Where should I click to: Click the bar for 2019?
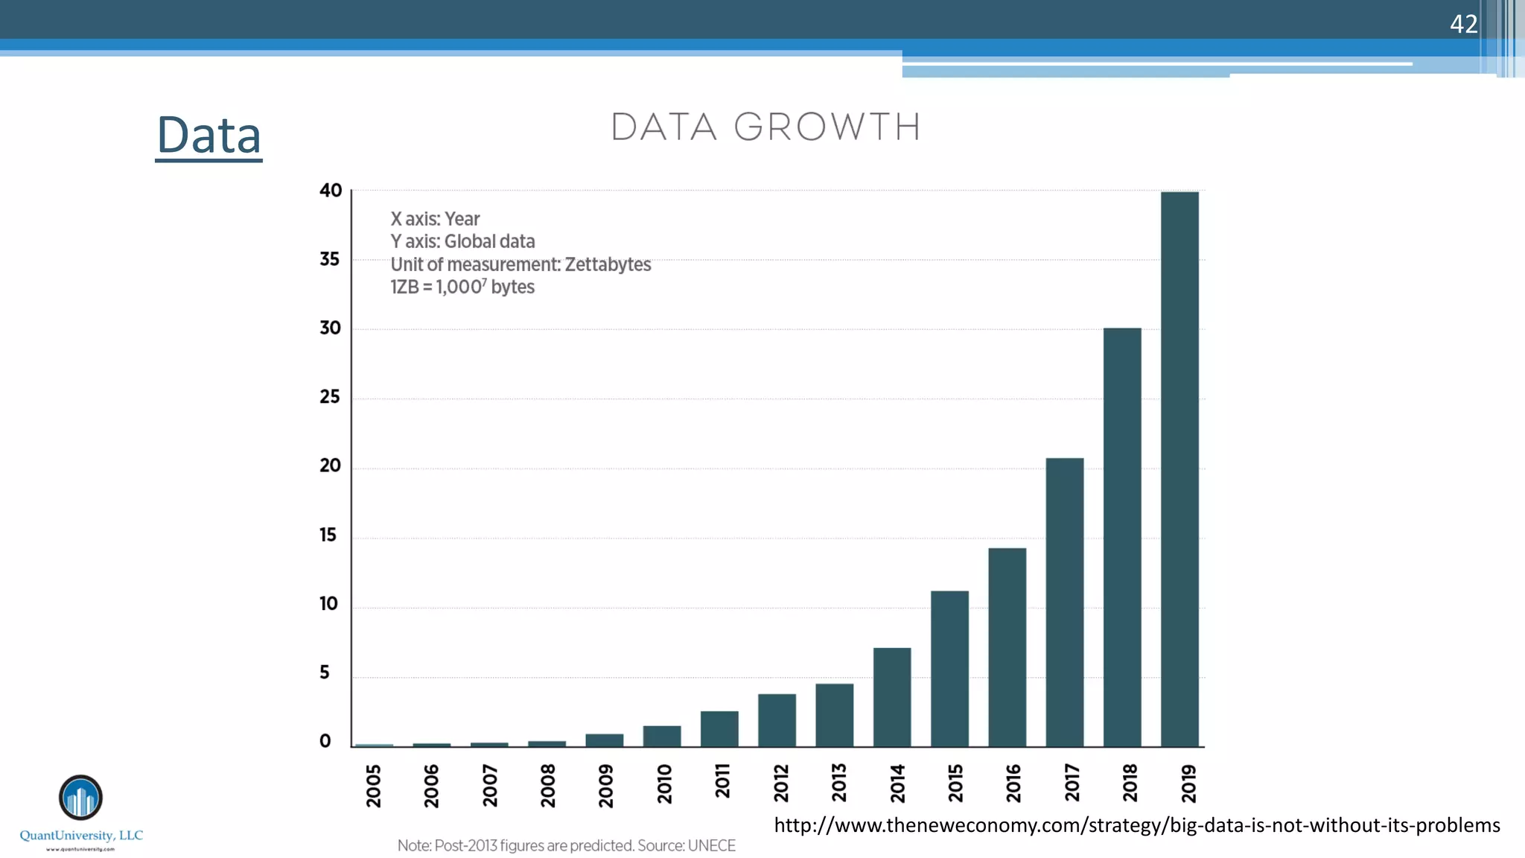click(1179, 469)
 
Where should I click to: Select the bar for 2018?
click(1122, 536)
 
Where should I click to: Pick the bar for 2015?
click(949, 668)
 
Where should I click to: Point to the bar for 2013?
click(834, 715)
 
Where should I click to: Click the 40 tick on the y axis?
click(331, 191)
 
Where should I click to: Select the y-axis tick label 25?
click(330, 397)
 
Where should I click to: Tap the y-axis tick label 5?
click(325, 673)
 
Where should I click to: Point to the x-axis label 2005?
click(374, 785)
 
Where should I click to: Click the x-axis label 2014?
click(897, 783)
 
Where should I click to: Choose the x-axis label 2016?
click(1013, 783)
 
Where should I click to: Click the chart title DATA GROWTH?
click(765, 127)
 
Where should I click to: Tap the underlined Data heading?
click(208, 136)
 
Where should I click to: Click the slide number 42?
click(1463, 24)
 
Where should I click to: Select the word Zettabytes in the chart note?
click(608, 264)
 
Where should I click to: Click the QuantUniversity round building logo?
click(80, 798)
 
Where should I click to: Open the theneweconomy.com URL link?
click(1136, 825)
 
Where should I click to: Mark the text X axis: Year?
click(435, 219)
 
